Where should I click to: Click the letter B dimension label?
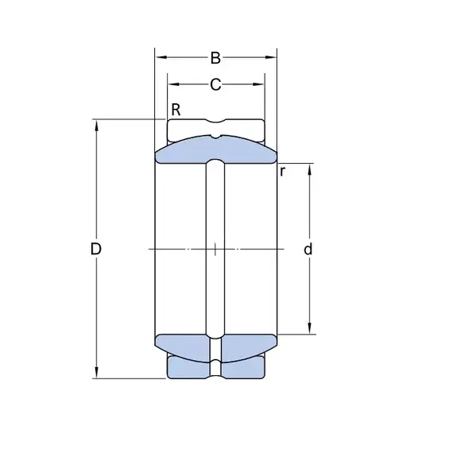215,58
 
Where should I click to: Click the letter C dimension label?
215,84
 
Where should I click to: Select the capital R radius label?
176,110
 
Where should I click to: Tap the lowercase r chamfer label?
283,172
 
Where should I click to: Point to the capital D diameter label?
96,249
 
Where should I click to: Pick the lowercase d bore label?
308,249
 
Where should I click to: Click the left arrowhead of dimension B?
161,57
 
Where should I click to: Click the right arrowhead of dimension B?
271,57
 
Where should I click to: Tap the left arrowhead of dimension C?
174,84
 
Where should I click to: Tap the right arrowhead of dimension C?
258,84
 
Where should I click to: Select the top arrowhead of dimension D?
96,126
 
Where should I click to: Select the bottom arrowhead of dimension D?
96,372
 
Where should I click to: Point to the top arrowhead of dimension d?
309,169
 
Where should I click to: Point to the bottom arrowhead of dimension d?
309,328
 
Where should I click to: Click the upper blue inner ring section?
185,152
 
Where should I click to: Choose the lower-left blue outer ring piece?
188,367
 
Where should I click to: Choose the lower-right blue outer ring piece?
243,367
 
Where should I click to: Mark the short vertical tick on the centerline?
215,249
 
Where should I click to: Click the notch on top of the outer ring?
215,121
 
